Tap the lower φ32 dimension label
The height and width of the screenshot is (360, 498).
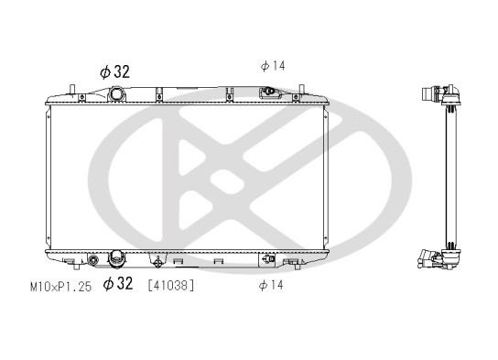(119, 285)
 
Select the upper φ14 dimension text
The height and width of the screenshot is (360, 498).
(273, 65)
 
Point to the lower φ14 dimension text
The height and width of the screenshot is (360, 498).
(272, 286)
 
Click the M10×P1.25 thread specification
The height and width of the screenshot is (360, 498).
(60, 286)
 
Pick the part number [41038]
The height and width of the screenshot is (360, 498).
(170, 286)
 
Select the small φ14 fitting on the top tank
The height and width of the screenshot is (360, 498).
(270, 93)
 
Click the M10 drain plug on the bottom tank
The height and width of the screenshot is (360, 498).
(92, 261)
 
